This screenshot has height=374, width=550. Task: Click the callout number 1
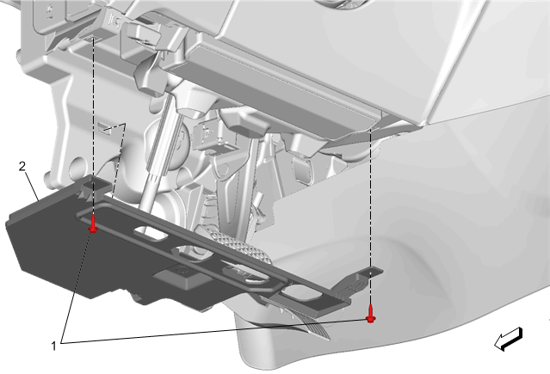coord(53,346)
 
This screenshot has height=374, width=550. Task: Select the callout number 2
coord(22,167)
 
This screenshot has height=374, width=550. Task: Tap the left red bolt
coord(93,224)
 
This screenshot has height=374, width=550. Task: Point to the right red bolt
coord(371,314)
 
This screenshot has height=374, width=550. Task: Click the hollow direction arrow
coord(509,339)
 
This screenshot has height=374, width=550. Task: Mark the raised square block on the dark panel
coord(182,275)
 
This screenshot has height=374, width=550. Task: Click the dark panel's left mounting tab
coord(94,185)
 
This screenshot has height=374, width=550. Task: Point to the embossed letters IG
coord(114,21)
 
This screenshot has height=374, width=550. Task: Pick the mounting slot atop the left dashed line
coord(93,37)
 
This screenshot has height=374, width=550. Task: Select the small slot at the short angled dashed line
coord(104,127)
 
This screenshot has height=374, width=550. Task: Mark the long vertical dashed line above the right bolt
coord(371,218)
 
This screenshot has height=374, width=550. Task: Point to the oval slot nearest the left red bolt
coord(151,233)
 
